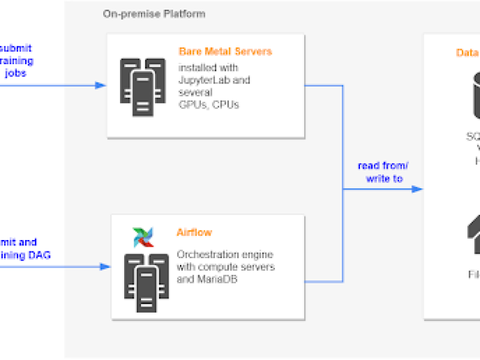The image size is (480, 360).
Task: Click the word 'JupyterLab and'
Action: click(x=214, y=79)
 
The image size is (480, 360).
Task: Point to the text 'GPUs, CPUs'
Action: click(x=208, y=105)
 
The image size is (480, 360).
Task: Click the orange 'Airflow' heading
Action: click(x=194, y=232)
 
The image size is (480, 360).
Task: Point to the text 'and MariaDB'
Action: click(x=204, y=278)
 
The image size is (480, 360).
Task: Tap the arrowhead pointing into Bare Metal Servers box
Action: click(x=101, y=85)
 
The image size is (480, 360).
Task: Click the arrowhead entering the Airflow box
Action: click(x=106, y=265)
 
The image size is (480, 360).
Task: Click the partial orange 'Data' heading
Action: click(x=467, y=53)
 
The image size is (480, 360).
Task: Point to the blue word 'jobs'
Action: click(x=16, y=73)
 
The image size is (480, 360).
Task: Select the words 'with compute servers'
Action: click(x=225, y=266)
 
